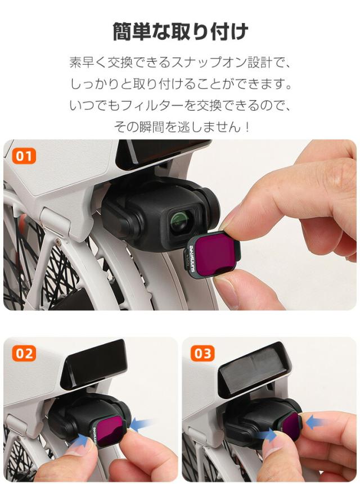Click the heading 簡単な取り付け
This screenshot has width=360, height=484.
pyautogui.click(x=180, y=32)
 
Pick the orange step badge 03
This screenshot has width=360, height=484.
pyautogui.click(x=202, y=354)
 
